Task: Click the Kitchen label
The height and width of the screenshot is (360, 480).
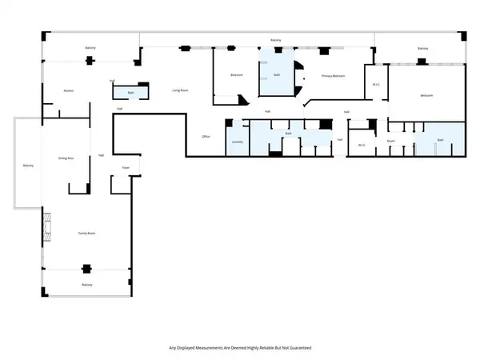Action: pos(69,91)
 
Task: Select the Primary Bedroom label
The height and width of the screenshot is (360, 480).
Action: pos(334,76)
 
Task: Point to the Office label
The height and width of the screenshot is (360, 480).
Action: pos(206,137)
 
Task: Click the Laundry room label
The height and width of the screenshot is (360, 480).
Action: pos(237,142)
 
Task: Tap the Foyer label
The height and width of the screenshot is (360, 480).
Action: pos(126,168)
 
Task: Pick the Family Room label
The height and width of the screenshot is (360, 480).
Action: pos(86,233)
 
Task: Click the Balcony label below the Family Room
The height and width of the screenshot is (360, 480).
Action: pos(86,286)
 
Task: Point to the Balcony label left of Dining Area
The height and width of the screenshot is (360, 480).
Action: pos(28,165)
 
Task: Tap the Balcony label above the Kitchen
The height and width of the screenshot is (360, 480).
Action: pos(90,48)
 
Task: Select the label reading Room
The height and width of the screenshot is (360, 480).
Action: pos(391,142)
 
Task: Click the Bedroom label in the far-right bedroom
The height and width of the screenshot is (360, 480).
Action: pos(426,95)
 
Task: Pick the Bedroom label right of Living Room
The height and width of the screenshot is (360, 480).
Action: pos(237,75)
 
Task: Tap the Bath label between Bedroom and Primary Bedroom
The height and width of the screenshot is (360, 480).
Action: pos(277,75)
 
